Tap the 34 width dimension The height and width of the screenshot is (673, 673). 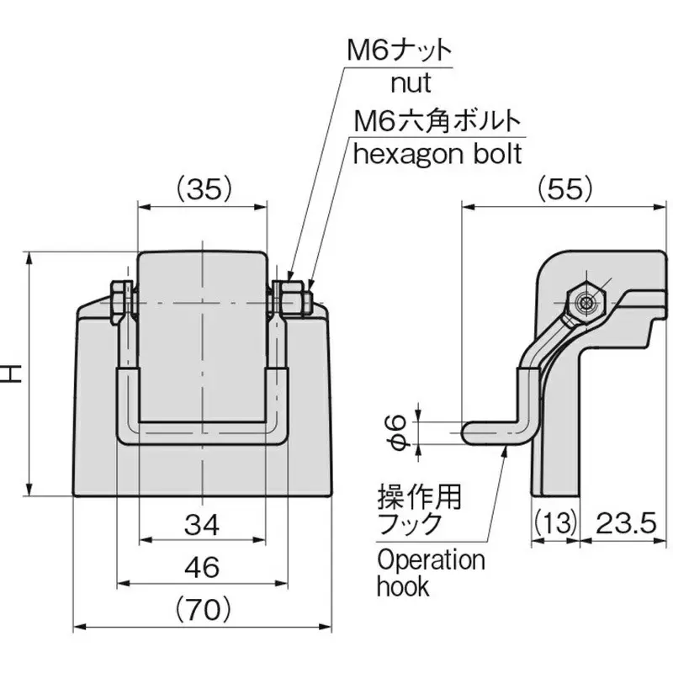point(202,525)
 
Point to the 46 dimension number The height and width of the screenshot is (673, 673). point(202,567)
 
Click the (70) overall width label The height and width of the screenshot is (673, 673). point(204,609)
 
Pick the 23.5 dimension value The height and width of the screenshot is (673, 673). point(626,523)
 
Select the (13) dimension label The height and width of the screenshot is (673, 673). point(555,523)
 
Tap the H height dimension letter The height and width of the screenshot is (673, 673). point(13,374)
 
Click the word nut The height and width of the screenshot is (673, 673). point(411,83)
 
